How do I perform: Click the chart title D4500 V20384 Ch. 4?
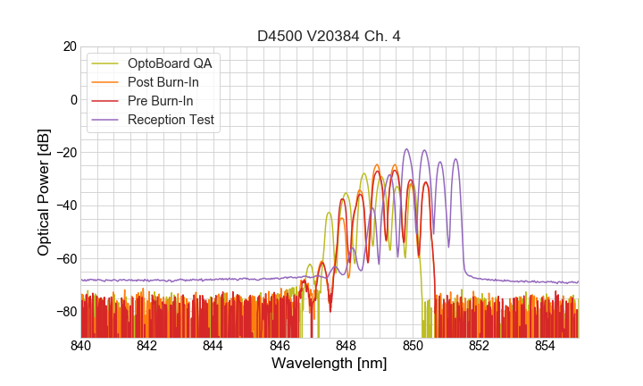click(x=329, y=36)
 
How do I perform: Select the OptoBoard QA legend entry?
click(x=170, y=63)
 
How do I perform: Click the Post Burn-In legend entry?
click(x=163, y=82)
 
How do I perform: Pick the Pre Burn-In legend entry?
click(x=160, y=101)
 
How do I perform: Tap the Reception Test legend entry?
click(x=171, y=120)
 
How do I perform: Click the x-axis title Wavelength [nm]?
click(x=329, y=364)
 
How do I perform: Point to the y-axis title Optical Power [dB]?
click(x=44, y=192)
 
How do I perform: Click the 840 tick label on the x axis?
click(x=81, y=346)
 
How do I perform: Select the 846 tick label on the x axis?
click(x=280, y=346)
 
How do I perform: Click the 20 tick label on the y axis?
click(x=69, y=46)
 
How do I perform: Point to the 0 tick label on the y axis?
click(x=73, y=99)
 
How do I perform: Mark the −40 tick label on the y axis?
click(x=65, y=206)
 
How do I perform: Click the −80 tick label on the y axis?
click(x=65, y=312)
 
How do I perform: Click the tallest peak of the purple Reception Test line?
click(x=406, y=149)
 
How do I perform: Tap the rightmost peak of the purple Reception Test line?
click(x=455, y=159)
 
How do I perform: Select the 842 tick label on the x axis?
click(x=147, y=346)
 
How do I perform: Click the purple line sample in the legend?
click(x=106, y=120)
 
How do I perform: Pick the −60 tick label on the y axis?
click(x=65, y=259)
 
